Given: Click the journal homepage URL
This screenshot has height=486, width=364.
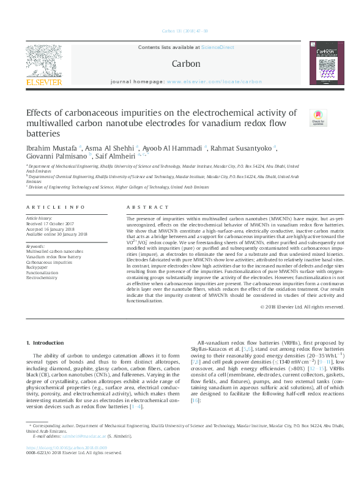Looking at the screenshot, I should tap(214, 81).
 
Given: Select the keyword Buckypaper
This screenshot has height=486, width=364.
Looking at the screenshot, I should tap(38, 267).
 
